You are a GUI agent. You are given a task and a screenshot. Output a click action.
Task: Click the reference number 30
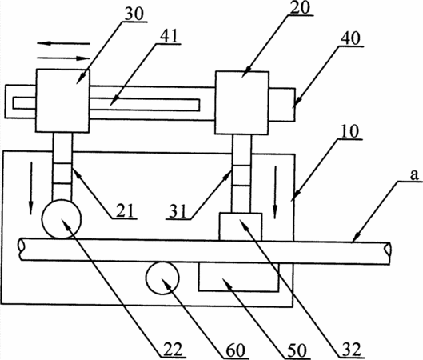(134, 14)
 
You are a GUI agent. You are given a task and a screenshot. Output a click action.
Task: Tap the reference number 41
(169, 36)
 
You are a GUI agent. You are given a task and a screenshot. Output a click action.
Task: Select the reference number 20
(300, 7)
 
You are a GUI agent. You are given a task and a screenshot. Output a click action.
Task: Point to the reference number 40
(350, 38)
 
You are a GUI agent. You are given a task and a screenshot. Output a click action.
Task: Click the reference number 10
(350, 131)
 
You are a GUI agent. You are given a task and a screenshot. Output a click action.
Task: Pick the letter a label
(414, 175)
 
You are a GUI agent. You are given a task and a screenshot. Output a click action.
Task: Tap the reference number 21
(125, 210)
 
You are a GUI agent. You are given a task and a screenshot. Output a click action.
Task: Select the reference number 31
(178, 210)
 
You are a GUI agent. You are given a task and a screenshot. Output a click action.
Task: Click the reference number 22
(174, 350)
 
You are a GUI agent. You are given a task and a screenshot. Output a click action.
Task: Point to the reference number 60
(236, 350)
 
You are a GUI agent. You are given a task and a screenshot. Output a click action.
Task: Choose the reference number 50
(297, 350)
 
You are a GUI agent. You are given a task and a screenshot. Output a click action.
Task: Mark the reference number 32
(352, 350)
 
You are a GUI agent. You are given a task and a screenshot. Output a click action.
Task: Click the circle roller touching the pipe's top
(62, 219)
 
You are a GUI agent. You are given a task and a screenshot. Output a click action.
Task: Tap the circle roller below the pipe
(162, 278)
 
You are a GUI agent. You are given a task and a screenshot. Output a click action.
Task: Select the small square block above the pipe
(241, 226)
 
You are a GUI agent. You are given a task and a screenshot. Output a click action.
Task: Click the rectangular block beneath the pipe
(238, 277)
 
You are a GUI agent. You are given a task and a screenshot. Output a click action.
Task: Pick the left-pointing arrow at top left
(63, 43)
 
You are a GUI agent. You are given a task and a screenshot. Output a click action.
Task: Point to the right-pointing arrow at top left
(63, 58)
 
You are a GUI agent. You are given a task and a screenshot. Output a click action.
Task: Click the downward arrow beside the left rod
(31, 188)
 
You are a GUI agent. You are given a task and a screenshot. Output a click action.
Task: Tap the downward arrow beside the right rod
(275, 192)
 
